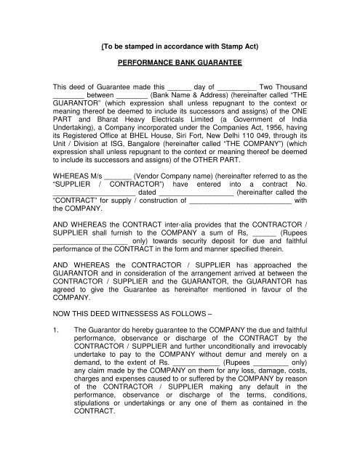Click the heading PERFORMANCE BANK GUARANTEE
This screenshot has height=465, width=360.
[179, 63]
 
